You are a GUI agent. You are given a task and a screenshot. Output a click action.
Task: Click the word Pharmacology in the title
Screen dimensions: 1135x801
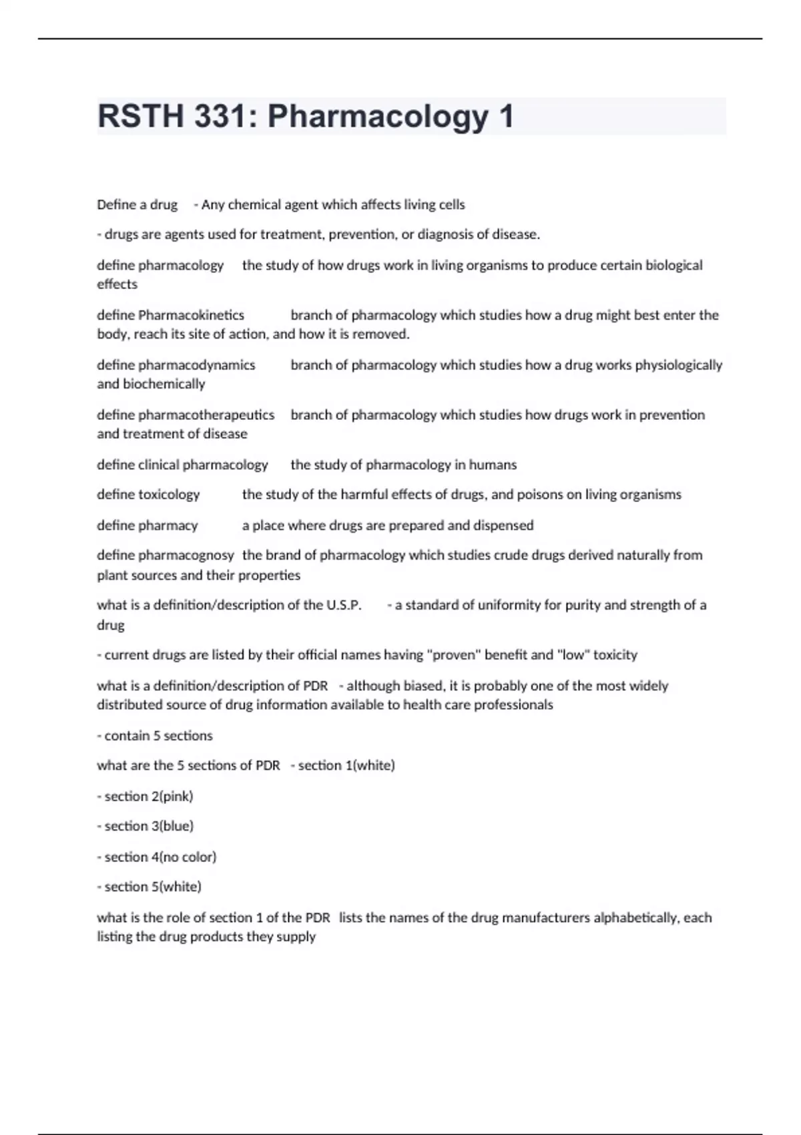pos(378,118)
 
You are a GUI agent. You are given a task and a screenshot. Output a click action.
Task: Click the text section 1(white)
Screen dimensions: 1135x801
pos(346,766)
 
